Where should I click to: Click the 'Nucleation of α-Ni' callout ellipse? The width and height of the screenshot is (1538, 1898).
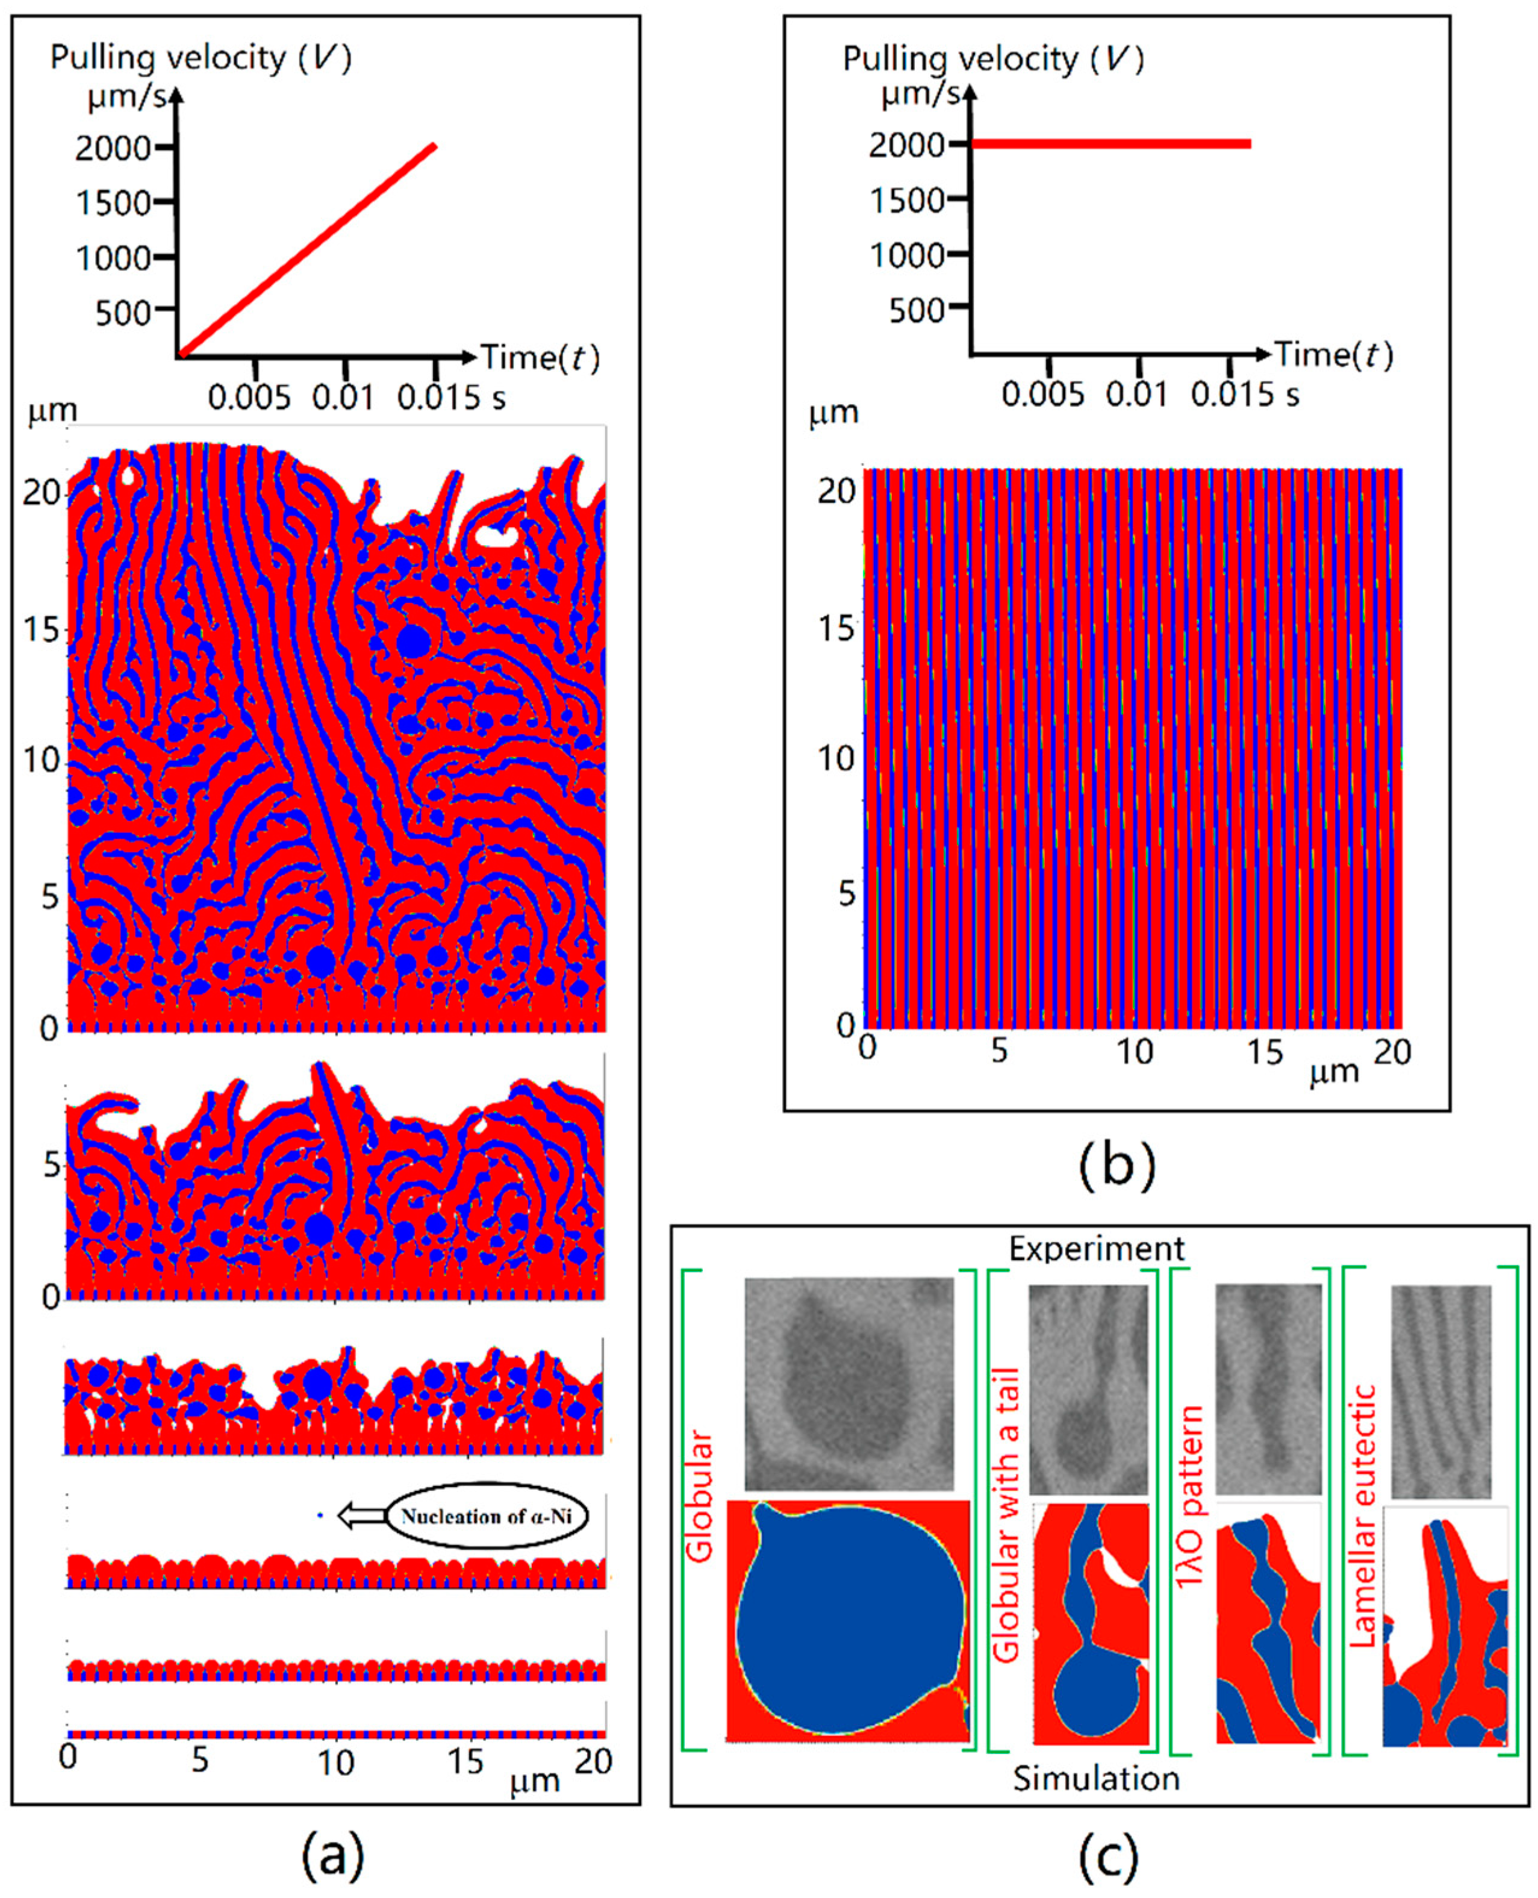pyautogui.click(x=487, y=1516)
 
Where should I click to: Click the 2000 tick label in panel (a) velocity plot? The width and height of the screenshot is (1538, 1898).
pyautogui.click(x=113, y=148)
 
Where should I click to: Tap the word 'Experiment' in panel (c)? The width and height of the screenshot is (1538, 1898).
pyautogui.click(x=1096, y=1249)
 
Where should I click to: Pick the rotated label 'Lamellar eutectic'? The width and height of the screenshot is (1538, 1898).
pyautogui.click(x=1365, y=1516)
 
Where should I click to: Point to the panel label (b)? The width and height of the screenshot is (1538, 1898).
pyautogui.click(x=1116, y=1166)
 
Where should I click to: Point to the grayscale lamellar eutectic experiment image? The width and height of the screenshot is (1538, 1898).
pyautogui.click(x=1440, y=1390)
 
